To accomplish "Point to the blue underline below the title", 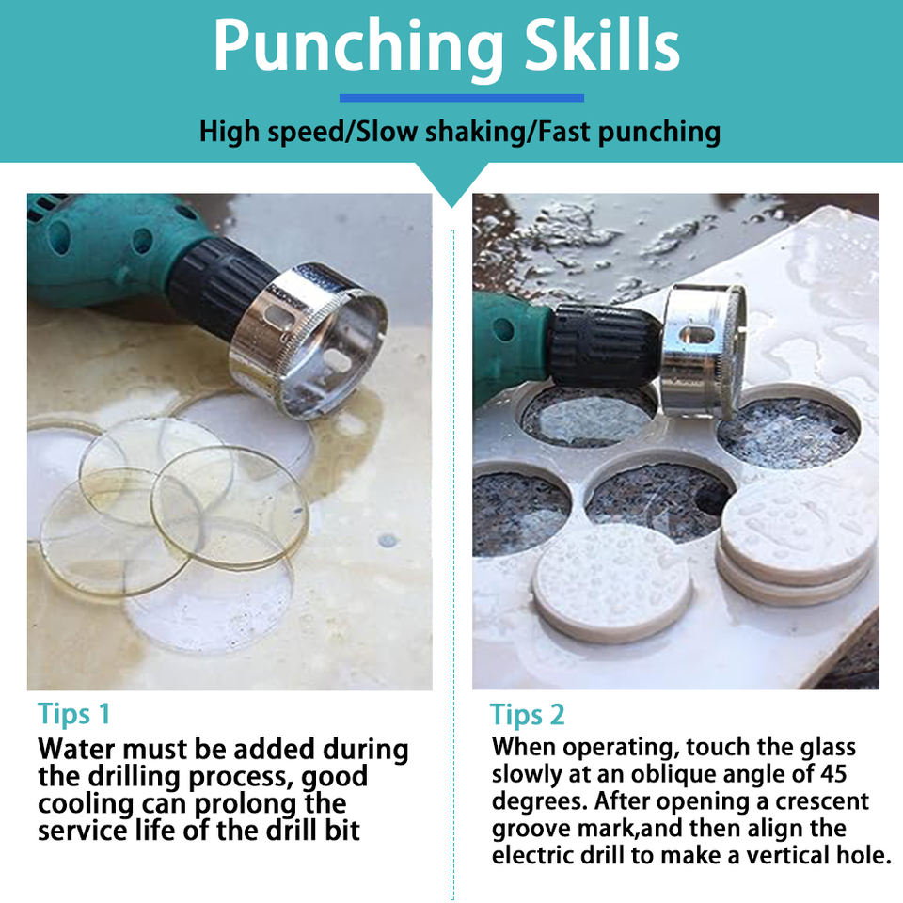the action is tap(462, 98).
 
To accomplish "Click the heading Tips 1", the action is tap(73, 714).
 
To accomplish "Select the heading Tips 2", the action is tap(527, 715).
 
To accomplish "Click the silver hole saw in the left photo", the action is tap(309, 340).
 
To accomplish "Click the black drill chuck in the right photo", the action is tap(604, 345).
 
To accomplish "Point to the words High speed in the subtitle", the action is tap(271, 133).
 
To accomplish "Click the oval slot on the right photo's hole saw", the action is tap(696, 335).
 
